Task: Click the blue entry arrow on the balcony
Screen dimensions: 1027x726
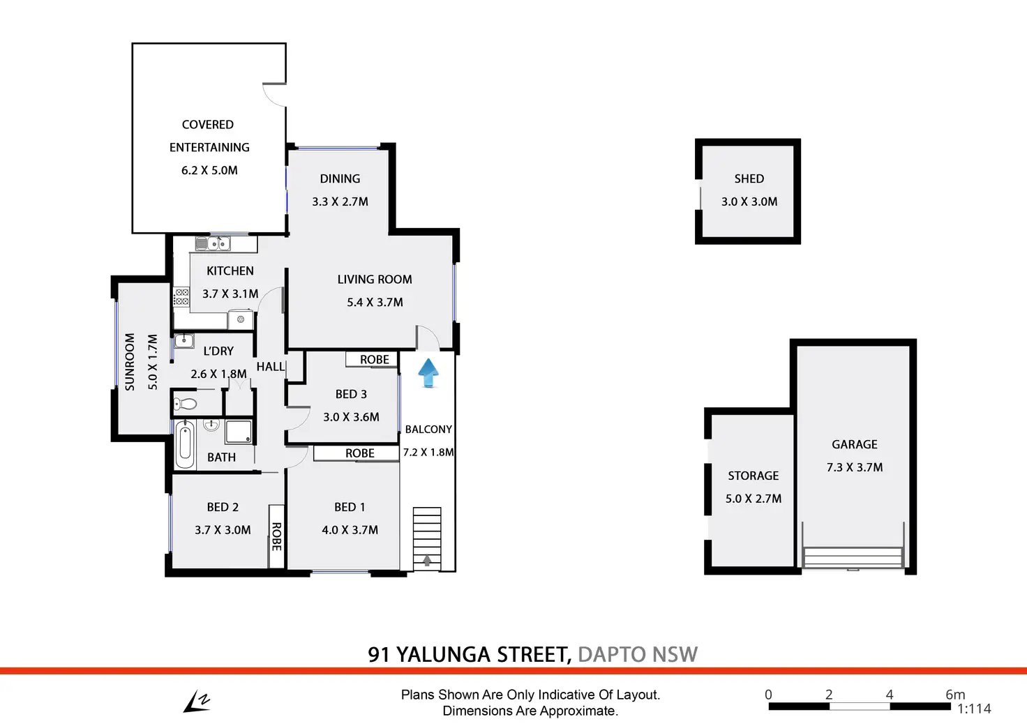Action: click(x=428, y=372)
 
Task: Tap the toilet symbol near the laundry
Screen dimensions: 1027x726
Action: click(x=186, y=403)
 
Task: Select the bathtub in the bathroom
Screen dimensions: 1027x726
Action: click(x=185, y=444)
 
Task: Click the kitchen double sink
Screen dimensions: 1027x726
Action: click(x=213, y=243)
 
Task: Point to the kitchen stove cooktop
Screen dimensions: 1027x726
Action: click(x=181, y=297)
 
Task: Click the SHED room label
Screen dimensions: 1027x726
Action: click(x=749, y=179)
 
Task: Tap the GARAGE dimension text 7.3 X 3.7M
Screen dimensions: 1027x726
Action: click(x=854, y=467)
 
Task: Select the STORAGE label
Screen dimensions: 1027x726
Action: click(x=753, y=476)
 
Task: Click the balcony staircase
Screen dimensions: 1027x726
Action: click(x=426, y=538)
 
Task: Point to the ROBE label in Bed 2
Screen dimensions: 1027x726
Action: click(x=276, y=536)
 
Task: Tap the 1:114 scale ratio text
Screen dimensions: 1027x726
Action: click(x=973, y=709)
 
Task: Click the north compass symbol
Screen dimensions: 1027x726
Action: click(x=197, y=702)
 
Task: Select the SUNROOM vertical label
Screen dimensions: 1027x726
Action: click(x=130, y=361)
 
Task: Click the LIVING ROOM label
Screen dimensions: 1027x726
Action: click(x=375, y=279)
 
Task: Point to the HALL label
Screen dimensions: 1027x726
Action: click(x=270, y=367)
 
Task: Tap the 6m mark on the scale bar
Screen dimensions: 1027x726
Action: click(x=954, y=695)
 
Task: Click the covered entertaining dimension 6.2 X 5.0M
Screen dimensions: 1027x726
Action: click(x=209, y=170)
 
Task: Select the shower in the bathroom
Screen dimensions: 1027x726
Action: click(x=238, y=431)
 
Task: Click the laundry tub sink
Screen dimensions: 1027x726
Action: click(x=183, y=341)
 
